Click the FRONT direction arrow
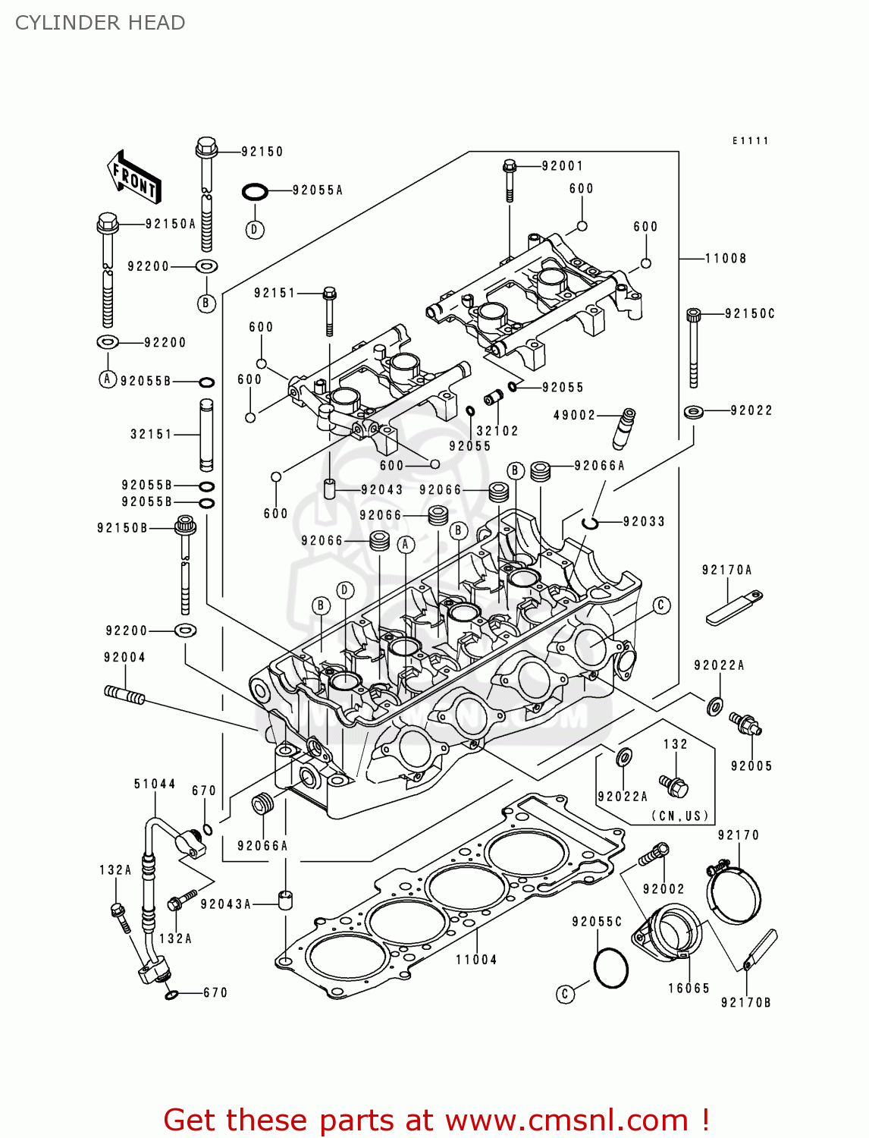pyautogui.click(x=134, y=177)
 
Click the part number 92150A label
pyautogui.click(x=171, y=224)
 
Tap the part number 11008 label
pyautogui.click(x=726, y=259)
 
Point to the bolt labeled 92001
pyautogui.click(x=510, y=181)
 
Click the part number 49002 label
pyautogui.click(x=574, y=415)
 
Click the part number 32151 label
pyautogui.click(x=152, y=434)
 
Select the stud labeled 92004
pyautogui.click(x=124, y=694)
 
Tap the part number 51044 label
pyautogui.click(x=155, y=784)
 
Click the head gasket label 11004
pyautogui.click(x=476, y=960)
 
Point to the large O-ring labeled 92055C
pyautogui.click(x=610, y=968)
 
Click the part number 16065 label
pyautogui.click(x=689, y=988)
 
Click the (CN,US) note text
pyautogui.click(x=680, y=816)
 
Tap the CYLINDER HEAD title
pyautogui.click(x=100, y=23)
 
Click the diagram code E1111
pyautogui.click(x=750, y=141)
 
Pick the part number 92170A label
pyautogui.click(x=726, y=570)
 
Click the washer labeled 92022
pyautogui.click(x=693, y=412)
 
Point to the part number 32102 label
pyautogui.click(x=497, y=431)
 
